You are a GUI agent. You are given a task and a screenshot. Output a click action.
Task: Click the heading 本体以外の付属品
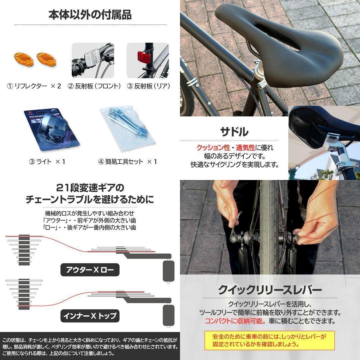point(90,15)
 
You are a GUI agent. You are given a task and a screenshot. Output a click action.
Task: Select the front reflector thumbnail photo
point(93,60)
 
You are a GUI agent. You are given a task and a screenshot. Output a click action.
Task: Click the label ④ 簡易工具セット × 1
point(127,162)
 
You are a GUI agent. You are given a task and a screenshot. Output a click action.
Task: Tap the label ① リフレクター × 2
point(34,86)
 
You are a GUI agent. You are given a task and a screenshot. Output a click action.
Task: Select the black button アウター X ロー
point(90,270)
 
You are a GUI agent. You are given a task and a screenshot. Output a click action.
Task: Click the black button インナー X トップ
point(90,315)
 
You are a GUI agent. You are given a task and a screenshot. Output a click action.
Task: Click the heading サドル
point(234,132)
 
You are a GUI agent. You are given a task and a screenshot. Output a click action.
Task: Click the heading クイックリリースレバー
point(270,289)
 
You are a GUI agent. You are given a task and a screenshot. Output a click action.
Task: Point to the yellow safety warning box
point(269,340)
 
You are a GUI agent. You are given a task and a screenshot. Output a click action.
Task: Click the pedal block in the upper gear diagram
point(168,270)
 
